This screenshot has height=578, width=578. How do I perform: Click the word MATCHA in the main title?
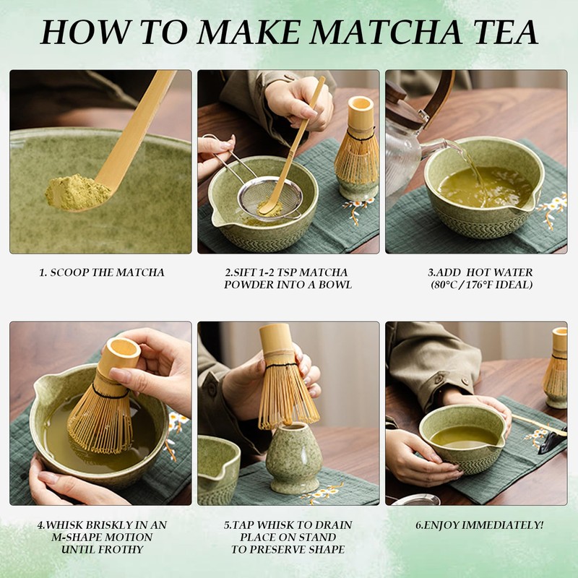coord(385,32)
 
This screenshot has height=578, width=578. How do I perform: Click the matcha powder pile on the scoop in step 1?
coord(77,192)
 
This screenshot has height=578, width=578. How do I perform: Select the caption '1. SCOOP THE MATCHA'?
coord(102,272)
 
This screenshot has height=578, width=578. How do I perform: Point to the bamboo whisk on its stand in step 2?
coord(357,147)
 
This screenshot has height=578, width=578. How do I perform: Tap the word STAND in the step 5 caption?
coord(318,537)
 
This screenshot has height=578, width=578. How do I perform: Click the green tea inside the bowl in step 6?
coord(464,438)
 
